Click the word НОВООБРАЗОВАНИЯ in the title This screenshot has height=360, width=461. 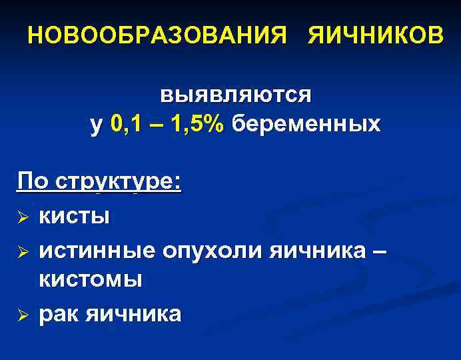[x=159, y=35]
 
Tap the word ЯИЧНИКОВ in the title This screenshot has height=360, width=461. [x=374, y=35]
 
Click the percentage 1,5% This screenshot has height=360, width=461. [x=197, y=124]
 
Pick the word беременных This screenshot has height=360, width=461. [x=306, y=124]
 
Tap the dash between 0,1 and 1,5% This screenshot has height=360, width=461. [x=159, y=125]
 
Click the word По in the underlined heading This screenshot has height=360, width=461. [x=35, y=181]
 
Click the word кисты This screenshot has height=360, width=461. [x=74, y=216]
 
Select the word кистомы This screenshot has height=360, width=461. [x=91, y=279]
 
